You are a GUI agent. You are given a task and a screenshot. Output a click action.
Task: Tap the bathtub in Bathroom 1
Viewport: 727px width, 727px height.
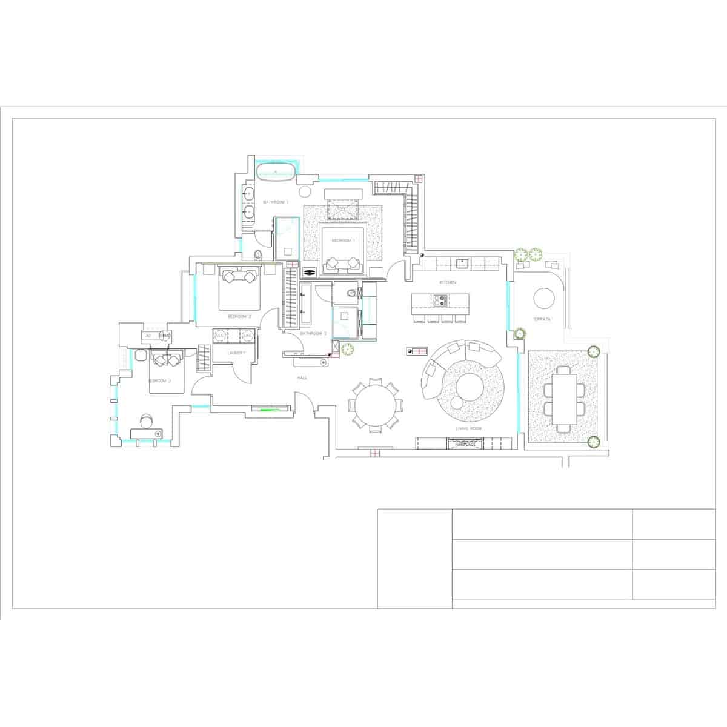(276, 170)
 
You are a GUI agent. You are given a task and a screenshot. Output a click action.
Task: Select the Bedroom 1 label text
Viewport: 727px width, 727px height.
(342, 241)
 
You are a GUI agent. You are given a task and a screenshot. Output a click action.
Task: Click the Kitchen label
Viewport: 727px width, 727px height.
(448, 283)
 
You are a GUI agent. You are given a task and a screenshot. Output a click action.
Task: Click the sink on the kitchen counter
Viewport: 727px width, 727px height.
(462, 262)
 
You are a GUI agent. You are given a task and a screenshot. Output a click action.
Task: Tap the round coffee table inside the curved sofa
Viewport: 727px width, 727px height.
(468, 385)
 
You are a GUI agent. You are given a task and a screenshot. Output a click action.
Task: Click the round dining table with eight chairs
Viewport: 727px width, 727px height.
(374, 405)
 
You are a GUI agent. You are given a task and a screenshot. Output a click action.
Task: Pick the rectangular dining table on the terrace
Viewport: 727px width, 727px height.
(564, 398)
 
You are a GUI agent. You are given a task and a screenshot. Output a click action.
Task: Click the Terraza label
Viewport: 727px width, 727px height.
(542, 319)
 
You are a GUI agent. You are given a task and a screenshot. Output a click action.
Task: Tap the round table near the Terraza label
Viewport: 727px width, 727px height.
(543, 297)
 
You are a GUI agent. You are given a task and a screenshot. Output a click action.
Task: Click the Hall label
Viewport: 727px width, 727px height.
(302, 377)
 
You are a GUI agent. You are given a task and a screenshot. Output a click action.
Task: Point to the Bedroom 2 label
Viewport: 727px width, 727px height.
(239, 316)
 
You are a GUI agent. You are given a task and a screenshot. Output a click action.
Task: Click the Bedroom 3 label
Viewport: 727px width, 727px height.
(160, 380)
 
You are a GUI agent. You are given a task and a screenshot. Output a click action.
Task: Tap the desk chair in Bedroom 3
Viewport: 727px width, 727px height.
(146, 421)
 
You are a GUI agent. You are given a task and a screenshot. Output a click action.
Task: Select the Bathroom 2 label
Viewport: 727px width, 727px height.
(313, 333)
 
